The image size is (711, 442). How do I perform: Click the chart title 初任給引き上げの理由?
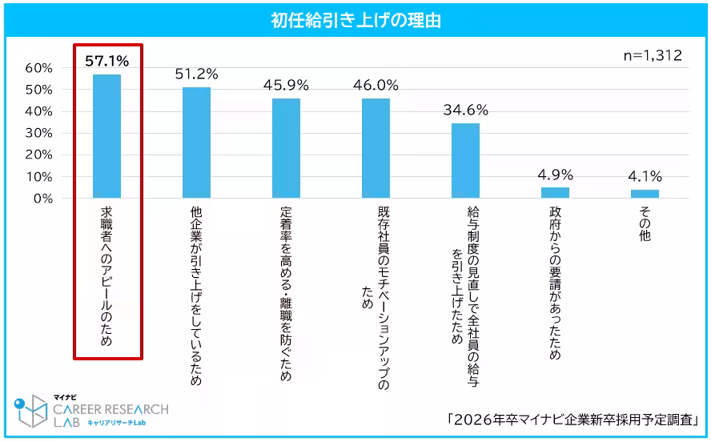(x=355, y=20)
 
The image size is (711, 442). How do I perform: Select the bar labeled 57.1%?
(x=106, y=136)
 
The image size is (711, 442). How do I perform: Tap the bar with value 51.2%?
(x=196, y=143)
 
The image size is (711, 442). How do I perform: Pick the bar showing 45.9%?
(x=286, y=148)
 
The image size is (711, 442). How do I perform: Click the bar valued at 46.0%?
(x=376, y=148)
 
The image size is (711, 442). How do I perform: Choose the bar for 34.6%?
(x=465, y=160)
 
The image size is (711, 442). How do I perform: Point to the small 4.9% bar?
(x=555, y=192)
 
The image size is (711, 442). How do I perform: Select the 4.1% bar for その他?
(x=645, y=193)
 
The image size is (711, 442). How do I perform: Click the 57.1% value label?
(x=106, y=60)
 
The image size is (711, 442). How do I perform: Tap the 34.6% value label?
(x=465, y=110)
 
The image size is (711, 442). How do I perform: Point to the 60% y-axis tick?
(x=38, y=68)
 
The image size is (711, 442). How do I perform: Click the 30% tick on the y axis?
(x=38, y=133)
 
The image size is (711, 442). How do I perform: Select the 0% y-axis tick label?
(x=42, y=198)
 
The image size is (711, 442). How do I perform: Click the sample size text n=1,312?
(x=653, y=55)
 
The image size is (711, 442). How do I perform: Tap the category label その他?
(x=645, y=224)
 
